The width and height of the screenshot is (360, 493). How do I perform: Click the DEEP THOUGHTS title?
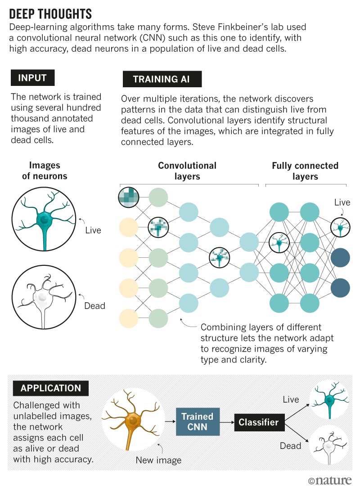tap(50, 13)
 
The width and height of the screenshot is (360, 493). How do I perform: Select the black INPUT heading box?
tap(32, 78)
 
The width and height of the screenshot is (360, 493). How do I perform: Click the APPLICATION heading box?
tap(50, 388)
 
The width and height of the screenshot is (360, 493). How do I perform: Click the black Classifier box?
tap(258, 422)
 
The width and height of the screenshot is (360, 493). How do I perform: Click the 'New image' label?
tap(158, 460)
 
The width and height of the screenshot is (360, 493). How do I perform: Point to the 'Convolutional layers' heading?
tap(187, 171)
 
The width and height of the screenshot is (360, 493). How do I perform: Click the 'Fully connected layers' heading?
tap(305, 171)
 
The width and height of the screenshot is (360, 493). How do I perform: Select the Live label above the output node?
tap(342, 202)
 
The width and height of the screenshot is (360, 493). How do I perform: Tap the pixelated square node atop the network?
tap(129, 196)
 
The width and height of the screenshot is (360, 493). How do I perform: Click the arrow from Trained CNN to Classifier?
tap(226, 422)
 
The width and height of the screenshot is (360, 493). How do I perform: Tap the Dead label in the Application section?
tap(290, 445)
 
